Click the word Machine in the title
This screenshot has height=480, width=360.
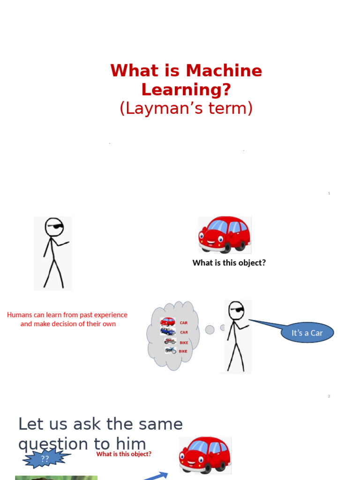coord(224,71)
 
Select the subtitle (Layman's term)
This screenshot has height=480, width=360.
coord(186,108)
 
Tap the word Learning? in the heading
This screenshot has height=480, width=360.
coord(186,90)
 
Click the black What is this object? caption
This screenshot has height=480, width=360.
coord(229,263)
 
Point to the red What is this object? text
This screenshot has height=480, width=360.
coord(124,454)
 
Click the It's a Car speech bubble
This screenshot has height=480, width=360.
coord(307,333)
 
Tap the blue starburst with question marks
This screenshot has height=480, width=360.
coord(45,458)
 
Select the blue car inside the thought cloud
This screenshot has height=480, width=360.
coord(167,331)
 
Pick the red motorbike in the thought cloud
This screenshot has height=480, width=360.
coord(170,341)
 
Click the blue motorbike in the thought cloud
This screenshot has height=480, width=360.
coord(170,350)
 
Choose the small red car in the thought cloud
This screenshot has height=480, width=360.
coord(167,322)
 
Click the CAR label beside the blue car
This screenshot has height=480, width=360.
coord(184,332)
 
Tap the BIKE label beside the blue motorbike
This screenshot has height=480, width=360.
coord(183,351)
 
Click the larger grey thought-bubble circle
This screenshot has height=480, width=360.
coord(210,330)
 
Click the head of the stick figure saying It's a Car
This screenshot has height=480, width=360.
coord(236,310)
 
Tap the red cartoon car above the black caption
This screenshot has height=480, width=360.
coord(225,234)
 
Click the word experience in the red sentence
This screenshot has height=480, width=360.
coord(110,315)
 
